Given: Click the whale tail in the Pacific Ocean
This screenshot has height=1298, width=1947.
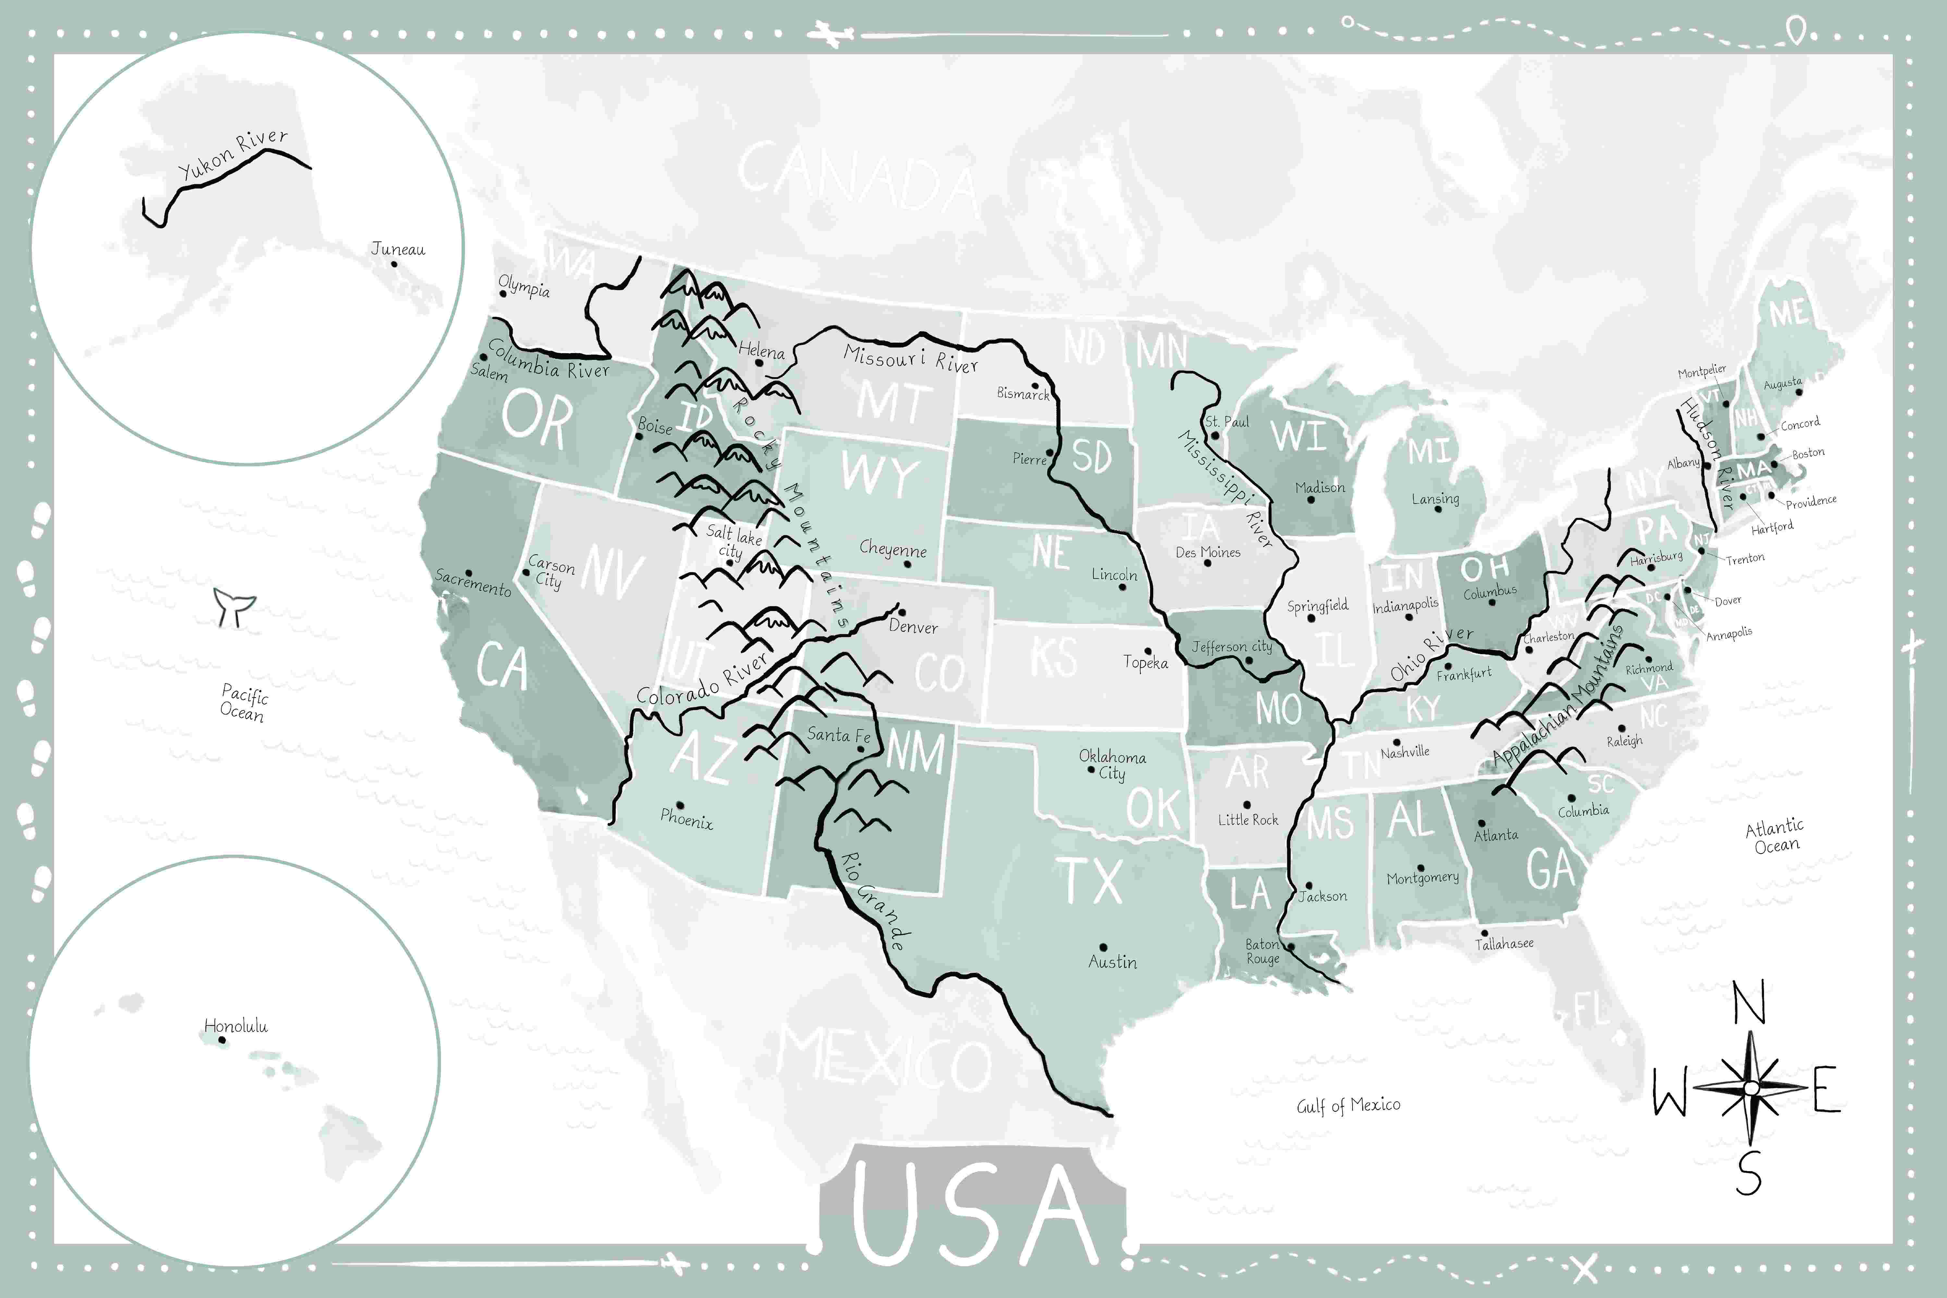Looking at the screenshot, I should click(x=234, y=607).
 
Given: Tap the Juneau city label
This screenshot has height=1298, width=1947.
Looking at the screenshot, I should click(x=398, y=248).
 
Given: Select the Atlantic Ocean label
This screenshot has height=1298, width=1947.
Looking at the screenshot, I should click(x=1775, y=836).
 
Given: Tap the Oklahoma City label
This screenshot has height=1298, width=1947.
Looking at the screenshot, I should click(x=1112, y=764).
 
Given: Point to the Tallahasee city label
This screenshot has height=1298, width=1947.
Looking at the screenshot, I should click(x=1504, y=943).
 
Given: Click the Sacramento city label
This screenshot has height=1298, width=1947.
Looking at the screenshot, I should click(x=473, y=582).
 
